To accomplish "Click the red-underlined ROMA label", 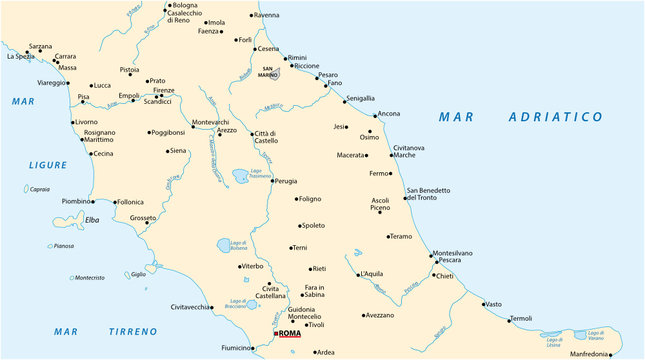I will coord(288,333).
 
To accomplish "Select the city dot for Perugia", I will coord(271,181).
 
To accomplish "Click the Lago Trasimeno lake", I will coord(241,178).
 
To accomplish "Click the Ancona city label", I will coord(388,113).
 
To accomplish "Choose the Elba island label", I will coord(92,219).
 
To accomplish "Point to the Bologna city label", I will coord(184,6).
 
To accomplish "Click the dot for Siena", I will coord(166,151).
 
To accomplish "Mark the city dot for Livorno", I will coord(72,122).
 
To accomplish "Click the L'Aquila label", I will coord(371,273).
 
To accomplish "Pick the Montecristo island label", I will coord(89,277).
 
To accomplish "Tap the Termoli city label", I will coord(521,318).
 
